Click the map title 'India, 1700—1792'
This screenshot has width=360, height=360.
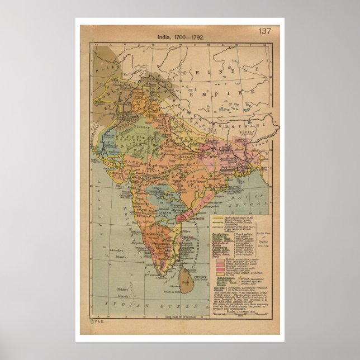(180, 37)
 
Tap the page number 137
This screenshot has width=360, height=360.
(264, 31)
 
